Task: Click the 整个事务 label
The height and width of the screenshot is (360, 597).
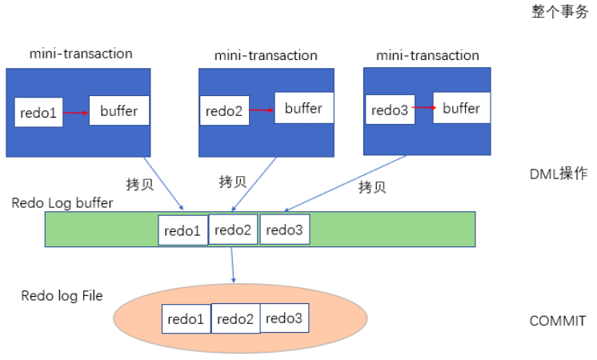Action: coord(559,12)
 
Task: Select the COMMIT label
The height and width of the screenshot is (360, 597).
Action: coord(558,321)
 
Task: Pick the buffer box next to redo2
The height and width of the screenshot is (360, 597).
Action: coord(303,108)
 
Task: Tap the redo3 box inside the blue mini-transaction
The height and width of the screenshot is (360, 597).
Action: coord(388,110)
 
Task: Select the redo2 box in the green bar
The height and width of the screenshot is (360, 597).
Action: coord(234,230)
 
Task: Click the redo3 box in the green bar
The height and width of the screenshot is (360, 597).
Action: coord(284,230)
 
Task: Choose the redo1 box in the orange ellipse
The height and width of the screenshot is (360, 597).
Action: coord(186,319)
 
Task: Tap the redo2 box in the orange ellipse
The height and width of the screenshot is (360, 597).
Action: coord(235,319)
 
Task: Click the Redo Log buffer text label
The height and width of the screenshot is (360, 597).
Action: coord(62,202)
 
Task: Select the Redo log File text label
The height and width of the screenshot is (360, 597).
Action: coord(62,296)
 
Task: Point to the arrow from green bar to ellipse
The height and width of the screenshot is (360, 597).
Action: coord(233,264)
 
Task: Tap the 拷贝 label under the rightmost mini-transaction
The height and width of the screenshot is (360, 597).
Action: coord(372,187)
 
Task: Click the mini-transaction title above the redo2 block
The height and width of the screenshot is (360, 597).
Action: coord(266,55)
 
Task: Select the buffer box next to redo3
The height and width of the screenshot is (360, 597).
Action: coord(462,108)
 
